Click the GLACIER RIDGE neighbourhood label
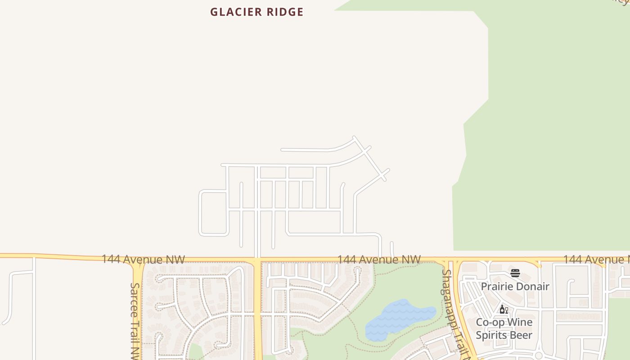tap(256, 12)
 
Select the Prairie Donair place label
tap(515, 287)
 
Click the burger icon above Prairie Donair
tap(515, 273)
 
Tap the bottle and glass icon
tap(504, 310)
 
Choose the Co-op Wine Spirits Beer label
tap(504, 329)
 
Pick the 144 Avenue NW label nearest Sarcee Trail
tap(143, 260)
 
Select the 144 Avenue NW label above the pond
tap(379, 260)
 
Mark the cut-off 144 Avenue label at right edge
tap(596, 260)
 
